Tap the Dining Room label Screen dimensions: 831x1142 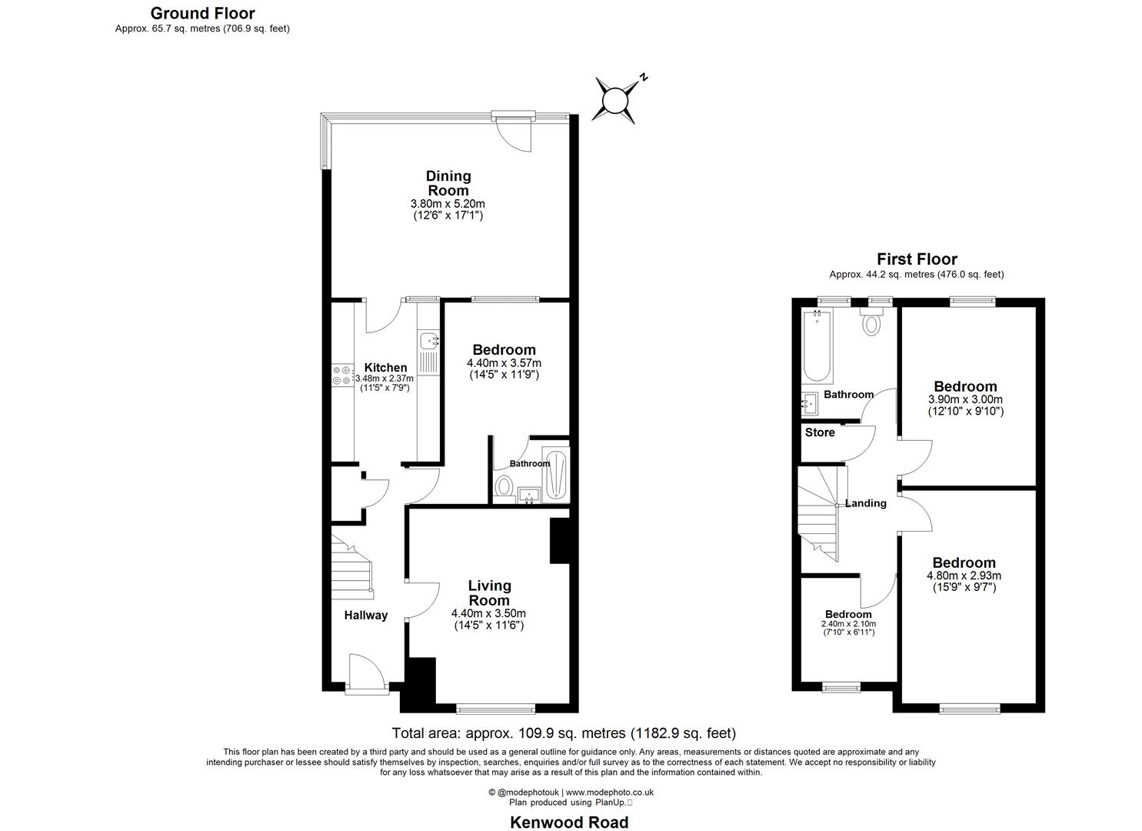tap(448, 183)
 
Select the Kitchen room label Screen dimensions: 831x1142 tap(385, 368)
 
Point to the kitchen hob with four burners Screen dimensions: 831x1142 tap(342, 377)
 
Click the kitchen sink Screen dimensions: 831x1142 tap(428, 339)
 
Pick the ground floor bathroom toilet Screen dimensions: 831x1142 tap(504, 487)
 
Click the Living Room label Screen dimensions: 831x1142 tap(489, 593)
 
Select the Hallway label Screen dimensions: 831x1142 tap(365, 615)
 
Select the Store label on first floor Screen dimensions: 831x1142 tap(820, 432)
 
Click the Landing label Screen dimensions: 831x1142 tap(866, 503)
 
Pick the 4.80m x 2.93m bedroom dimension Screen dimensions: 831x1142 tap(964, 576)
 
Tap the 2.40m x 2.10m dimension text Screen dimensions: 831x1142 tap(848, 624)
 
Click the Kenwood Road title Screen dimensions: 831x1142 tap(569, 822)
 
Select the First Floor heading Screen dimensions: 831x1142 tap(917, 259)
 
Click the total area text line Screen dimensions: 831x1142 tap(564, 733)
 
